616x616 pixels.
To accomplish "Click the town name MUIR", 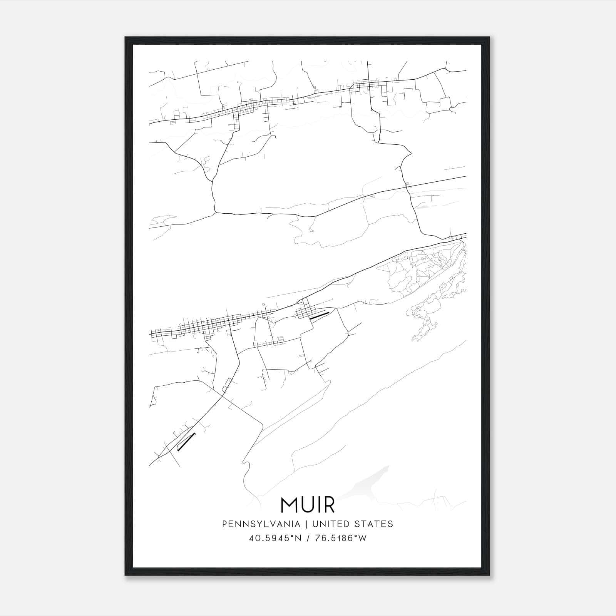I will pos(308,505).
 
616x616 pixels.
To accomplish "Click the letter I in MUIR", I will pos(317,505).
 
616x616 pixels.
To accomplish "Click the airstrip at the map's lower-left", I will pos(186,441).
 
